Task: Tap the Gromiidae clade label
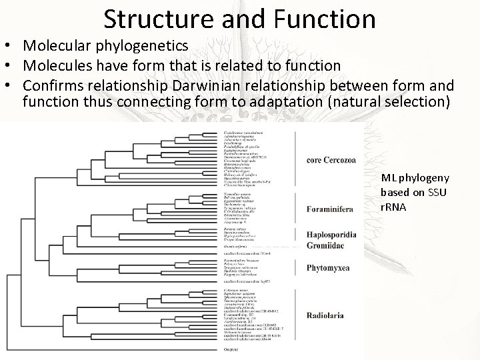pyautogui.click(x=326, y=246)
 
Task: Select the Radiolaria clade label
pyautogui.click(x=326, y=315)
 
